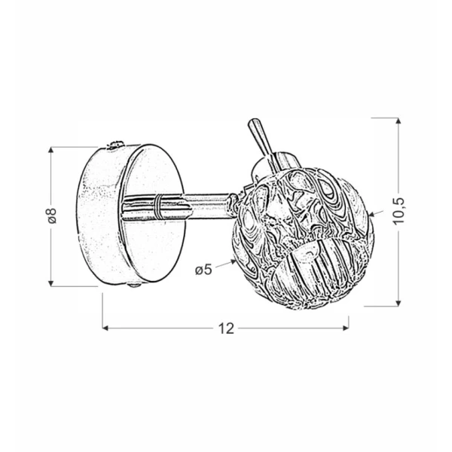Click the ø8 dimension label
point(53,215)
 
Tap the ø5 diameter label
point(203,270)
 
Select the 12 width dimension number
point(226,328)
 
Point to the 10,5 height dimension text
point(399,211)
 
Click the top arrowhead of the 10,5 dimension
point(399,121)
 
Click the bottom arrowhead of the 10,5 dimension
point(399,303)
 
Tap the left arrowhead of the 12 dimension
point(105,328)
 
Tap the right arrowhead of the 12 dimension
point(346,328)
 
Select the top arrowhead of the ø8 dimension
point(51,150)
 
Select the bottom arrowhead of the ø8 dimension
point(51,283)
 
